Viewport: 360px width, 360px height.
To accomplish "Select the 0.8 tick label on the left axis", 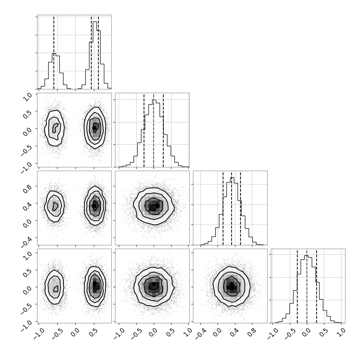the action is pos(27,189).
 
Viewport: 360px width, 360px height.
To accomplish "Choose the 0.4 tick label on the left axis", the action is pos(27,206).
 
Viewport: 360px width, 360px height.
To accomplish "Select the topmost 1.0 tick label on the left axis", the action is pos(27,97).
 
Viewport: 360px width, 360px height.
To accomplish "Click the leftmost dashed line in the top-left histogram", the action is pos(54,52).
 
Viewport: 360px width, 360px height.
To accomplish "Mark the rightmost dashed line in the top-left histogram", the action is pos(98,52).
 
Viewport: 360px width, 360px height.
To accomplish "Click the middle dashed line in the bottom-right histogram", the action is pos(307,286).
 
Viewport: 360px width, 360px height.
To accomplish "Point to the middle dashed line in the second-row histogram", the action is pos(154,130).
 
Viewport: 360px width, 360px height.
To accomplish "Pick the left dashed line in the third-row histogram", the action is pos(223,208).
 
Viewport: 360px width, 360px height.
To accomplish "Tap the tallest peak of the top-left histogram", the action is pos(95,22).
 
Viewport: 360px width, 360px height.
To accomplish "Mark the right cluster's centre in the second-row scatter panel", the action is pos(95,128).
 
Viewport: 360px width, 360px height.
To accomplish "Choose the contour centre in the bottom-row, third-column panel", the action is pos(232,287).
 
